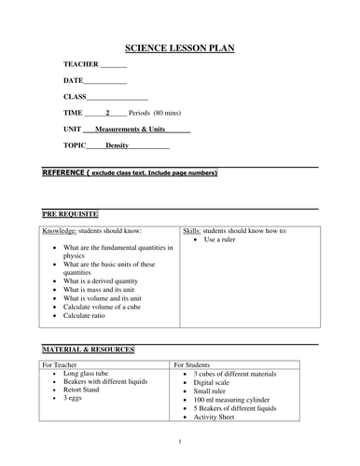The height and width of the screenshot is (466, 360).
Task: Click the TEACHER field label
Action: pos(80,64)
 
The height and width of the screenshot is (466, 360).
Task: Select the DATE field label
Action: pos(74,81)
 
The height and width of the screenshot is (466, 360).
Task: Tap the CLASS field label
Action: pos(76,97)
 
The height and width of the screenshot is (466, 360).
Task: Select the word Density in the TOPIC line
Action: pos(118,146)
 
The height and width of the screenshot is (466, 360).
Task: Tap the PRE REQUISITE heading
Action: pos(72,213)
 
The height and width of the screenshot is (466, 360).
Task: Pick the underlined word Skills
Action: pos(193,229)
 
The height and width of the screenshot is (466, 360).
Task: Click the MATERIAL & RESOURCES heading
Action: pos(88,349)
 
